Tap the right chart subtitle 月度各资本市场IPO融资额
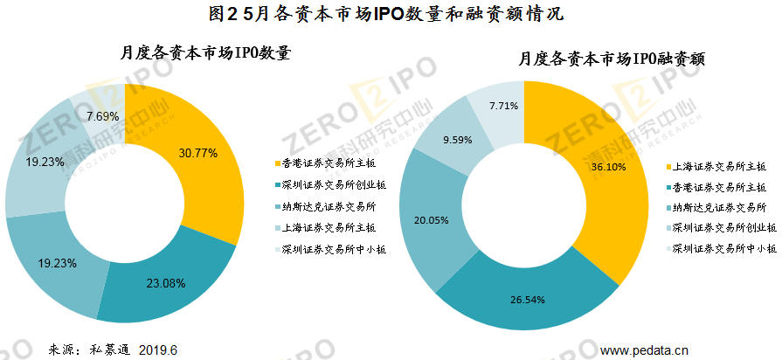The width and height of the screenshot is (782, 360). coord(611,59)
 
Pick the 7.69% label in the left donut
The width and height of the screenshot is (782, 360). coord(103,115)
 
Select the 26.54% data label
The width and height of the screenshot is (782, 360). coord(528,300)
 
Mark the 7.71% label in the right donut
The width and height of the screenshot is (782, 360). coord(503,106)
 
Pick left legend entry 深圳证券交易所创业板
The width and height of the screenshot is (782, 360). coord(330,184)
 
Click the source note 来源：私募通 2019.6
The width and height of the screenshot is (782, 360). coord(113,350)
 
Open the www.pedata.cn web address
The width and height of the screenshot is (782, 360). coord(645,350)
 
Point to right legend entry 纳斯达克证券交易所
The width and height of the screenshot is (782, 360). coord(716,207)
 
